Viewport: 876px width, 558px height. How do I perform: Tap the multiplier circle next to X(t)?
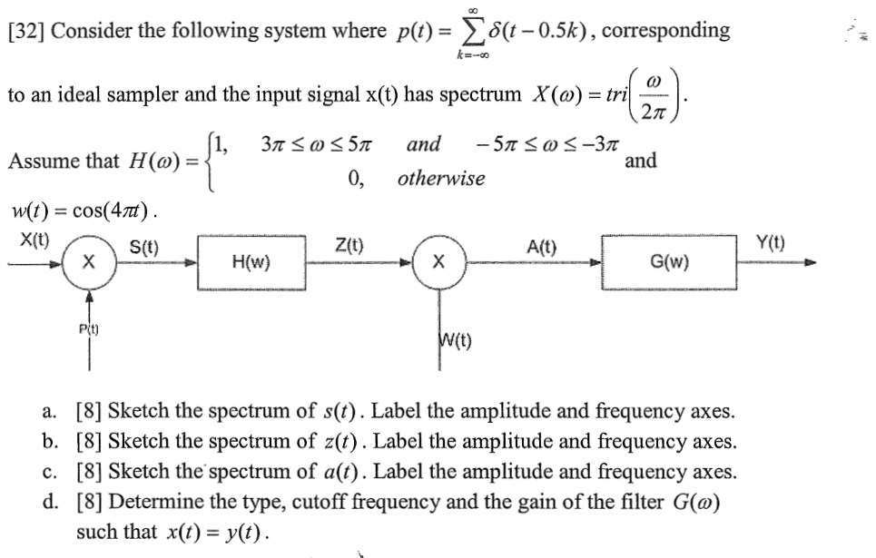pyautogui.click(x=88, y=262)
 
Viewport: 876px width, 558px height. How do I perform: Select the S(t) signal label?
pyautogui.click(x=144, y=245)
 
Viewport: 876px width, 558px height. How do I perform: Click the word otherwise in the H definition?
pyautogui.click(x=441, y=179)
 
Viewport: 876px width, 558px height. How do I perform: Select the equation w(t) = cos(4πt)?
pyautogui.click(x=86, y=213)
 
